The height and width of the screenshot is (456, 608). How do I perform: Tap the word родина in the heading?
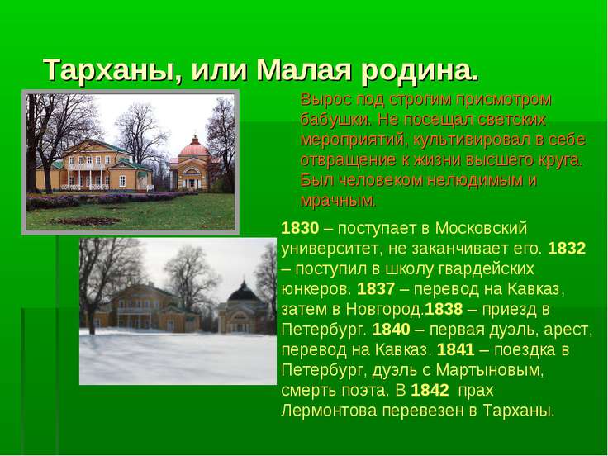click(419, 70)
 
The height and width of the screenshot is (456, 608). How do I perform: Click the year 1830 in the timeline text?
click(300, 228)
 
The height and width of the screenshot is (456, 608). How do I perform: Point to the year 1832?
click(567, 248)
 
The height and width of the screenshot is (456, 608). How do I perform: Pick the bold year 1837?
click(376, 289)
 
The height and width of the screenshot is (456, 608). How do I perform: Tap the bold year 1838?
click(444, 309)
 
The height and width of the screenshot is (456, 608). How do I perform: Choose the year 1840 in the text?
click(391, 330)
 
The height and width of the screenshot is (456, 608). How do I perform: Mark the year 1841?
click(456, 349)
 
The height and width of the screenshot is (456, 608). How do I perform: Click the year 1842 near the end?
click(430, 390)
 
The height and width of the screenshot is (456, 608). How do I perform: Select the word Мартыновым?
click(490, 371)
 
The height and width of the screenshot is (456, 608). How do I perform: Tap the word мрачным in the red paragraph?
click(338, 201)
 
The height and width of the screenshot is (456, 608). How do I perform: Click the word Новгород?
click(385, 310)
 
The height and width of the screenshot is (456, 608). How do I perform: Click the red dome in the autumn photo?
click(194, 147)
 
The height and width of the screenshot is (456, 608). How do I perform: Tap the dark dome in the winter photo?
click(243, 292)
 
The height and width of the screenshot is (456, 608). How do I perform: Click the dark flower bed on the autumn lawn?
click(85, 221)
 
